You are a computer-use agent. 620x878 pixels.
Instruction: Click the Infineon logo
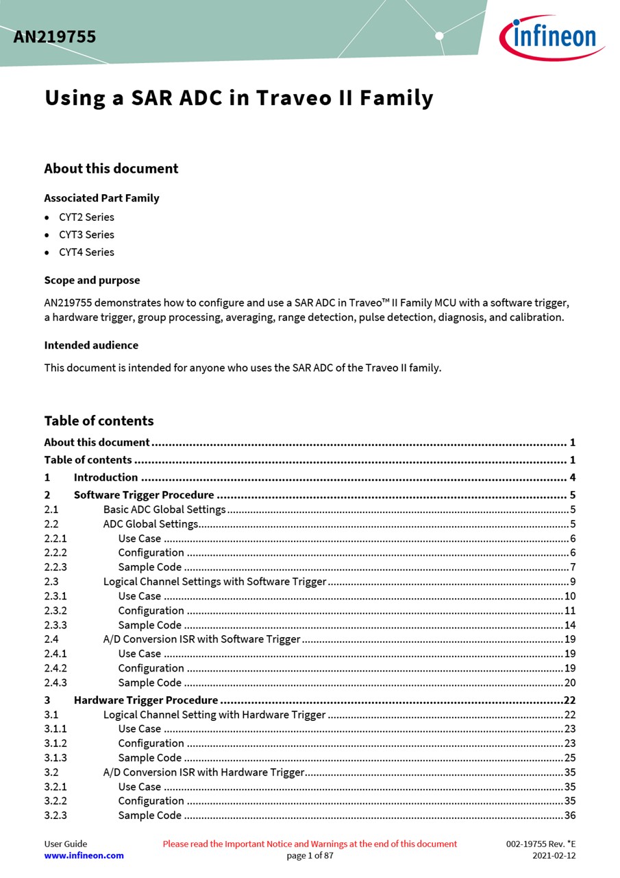click(552, 37)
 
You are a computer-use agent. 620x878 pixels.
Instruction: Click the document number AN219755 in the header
click(55, 37)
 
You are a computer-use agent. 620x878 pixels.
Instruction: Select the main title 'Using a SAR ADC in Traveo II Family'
click(238, 98)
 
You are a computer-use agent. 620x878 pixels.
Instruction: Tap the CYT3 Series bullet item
click(86, 235)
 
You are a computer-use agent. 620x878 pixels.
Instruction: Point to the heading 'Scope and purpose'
click(92, 280)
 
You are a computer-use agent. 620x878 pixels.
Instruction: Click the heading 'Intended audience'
click(91, 345)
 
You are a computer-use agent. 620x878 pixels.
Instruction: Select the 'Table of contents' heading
click(99, 420)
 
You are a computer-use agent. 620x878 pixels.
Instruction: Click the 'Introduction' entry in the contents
click(106, 477)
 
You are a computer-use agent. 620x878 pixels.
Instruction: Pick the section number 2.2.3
click(55, 567)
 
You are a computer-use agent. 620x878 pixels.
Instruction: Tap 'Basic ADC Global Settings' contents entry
click(164, 510)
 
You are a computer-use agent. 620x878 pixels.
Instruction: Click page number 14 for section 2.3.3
click(570, 625)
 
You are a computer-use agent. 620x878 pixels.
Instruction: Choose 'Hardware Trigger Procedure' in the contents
click(146, 700)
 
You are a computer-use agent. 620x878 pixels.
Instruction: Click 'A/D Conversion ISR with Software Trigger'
click(201, 639)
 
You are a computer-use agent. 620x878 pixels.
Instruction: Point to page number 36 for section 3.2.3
click(570, 816)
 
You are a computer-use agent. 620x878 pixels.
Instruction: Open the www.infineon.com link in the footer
click(84, 855)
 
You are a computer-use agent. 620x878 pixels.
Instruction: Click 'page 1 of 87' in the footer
click(310, 855)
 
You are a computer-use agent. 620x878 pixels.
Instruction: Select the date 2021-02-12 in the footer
click(554, 855)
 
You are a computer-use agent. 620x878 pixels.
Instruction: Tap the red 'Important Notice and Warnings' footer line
click(310, 844)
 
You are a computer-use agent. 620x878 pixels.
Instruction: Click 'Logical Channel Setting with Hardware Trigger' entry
click(214, 715)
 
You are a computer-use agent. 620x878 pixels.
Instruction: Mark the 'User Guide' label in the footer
click(66, 844)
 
